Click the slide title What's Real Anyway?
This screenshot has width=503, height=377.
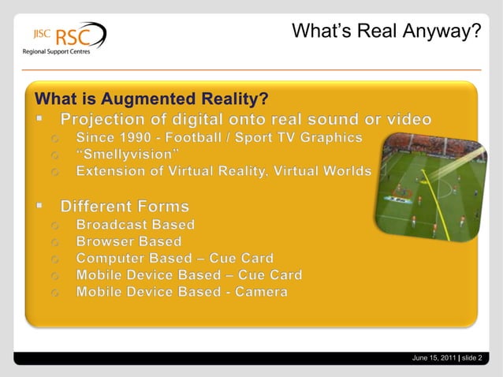tap(386, 31)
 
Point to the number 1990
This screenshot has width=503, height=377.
tap(135, 138)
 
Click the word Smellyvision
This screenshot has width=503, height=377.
tap(128, 154)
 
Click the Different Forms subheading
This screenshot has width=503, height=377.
tap(125, 207)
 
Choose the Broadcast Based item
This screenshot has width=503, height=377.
tap(135, 224)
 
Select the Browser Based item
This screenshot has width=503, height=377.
tap(129, 241)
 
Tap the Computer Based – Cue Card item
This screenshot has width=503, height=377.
tap(175, 258)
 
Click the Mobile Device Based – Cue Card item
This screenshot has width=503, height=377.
tap(188, 275)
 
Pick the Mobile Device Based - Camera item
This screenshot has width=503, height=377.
tap(181, 292)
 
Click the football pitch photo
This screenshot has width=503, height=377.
tap(429, 185)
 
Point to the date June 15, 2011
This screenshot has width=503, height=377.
tap(434, 359)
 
